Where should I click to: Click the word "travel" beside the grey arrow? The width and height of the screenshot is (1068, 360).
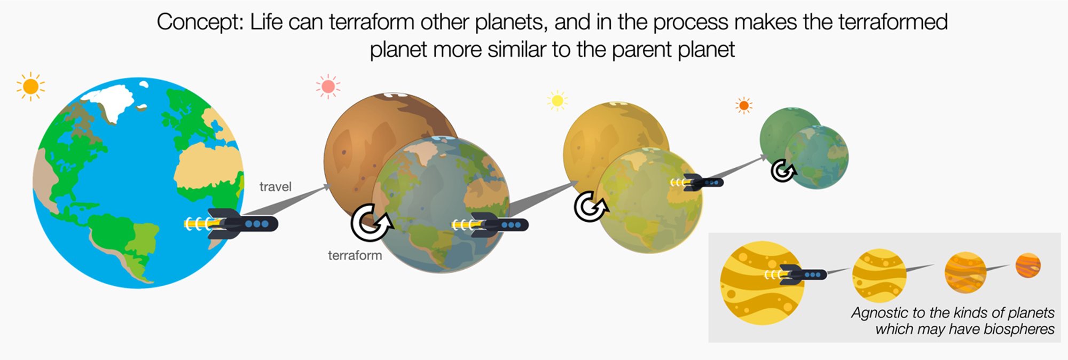(x=275, y=186)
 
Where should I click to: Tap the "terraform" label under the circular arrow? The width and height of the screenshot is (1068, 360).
(x=355, y=255)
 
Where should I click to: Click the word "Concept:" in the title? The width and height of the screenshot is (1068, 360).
(x=200, y=22)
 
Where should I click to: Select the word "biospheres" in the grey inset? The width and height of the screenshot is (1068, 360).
(x=1018, y=329)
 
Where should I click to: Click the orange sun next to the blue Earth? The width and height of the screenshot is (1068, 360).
(x=30, y=86)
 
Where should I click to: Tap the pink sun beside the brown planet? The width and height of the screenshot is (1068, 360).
(x=328, y=87)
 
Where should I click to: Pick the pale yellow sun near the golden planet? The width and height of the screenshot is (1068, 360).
(x=557, y=100)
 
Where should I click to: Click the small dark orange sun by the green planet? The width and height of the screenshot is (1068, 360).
(x=743, y=105)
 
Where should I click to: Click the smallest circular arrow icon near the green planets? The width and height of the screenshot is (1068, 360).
(x=783, y=171)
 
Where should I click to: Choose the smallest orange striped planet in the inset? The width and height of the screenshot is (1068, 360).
(x=1028, y=265)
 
